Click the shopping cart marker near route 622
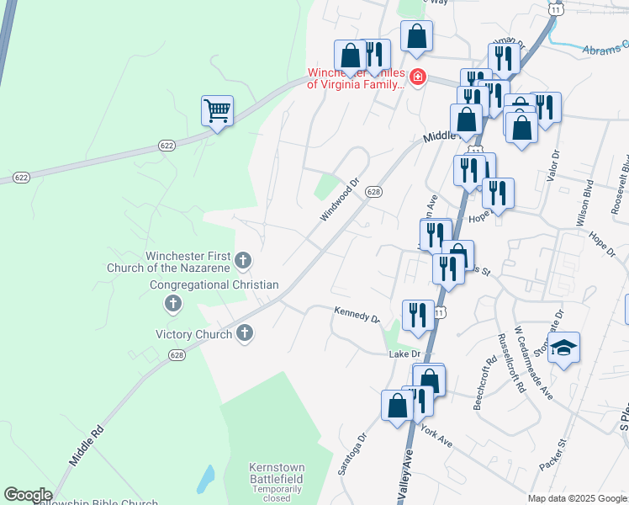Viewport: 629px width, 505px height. click(x=217, y=110)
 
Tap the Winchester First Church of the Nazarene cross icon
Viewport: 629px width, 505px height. click(x=243, y=260)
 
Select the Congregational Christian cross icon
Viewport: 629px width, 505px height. click(x=174, y=303)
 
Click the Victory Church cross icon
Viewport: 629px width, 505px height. click(x=245, y=334)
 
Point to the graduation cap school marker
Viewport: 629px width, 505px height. click(x=563, y=347)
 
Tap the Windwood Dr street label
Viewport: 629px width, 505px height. click(x=339, y=199)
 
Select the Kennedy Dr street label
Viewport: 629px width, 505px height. click(x=357, y=315)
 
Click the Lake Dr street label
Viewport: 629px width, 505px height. click(x=404, y=354)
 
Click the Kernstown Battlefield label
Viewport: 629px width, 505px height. click(x=276, y=473)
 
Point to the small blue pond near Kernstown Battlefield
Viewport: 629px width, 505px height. click(x=204, y=479)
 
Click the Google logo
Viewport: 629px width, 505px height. click(x=28, y=495)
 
